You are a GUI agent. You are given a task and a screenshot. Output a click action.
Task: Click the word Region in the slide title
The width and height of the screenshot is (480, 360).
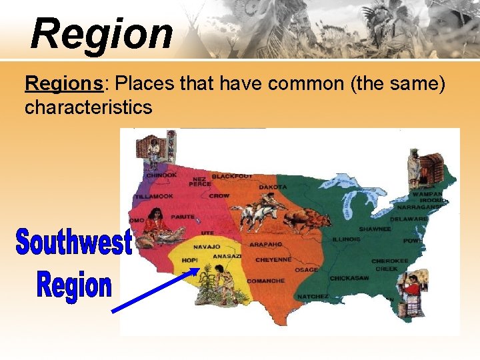[101, 33]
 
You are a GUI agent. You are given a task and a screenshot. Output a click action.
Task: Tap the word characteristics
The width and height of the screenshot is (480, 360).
[88, 107]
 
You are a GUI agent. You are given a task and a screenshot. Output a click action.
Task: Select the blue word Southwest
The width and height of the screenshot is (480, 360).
[74, 242]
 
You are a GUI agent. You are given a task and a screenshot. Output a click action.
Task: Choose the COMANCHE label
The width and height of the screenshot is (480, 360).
[266, 281]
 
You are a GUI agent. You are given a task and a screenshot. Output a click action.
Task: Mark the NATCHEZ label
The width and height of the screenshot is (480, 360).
[312, 295]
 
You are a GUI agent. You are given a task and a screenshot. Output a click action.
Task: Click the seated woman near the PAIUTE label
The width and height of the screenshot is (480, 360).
[157, 223]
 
